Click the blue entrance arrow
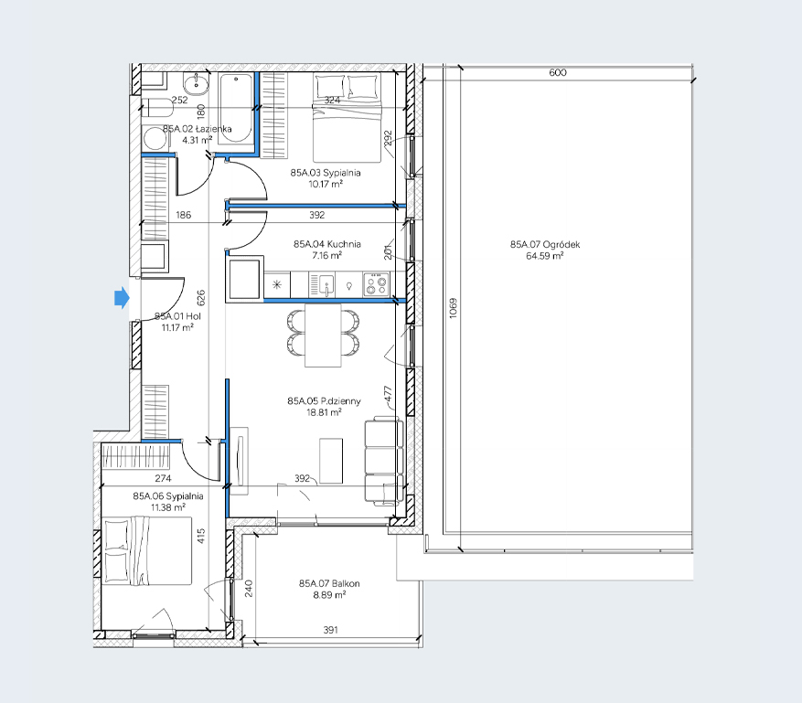point(122,298)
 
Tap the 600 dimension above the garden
point(558,72)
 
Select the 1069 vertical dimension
point(454,308)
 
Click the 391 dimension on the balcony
point(330,630)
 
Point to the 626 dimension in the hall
point(200,298)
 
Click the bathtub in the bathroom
point(235,109)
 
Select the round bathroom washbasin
point(196,84)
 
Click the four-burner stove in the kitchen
point(376,285)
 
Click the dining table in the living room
point(323,336)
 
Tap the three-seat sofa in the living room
point(383,461)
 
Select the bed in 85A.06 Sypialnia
point(147,550)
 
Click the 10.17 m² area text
point(326,184)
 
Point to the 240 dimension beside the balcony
point(249,588)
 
